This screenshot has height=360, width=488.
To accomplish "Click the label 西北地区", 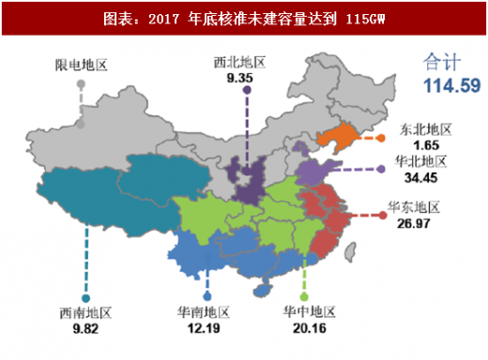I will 240,63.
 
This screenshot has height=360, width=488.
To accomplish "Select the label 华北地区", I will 420,161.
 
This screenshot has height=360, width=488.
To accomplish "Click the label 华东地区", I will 414,207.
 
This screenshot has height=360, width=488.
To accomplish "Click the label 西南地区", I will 85,312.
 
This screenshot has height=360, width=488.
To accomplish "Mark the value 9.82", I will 85,329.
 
